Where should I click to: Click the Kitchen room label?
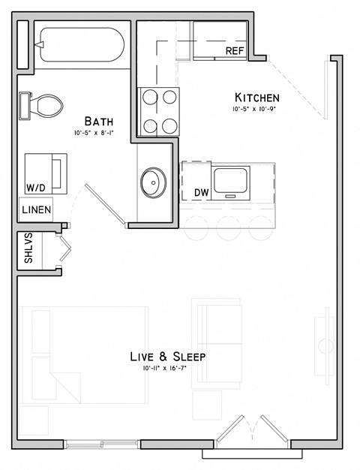257,98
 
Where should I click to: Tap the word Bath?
99,122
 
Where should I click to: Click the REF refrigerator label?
235,51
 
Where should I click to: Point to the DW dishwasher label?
201,193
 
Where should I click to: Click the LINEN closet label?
36,210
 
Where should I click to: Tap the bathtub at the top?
82,46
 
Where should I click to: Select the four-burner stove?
159,111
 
